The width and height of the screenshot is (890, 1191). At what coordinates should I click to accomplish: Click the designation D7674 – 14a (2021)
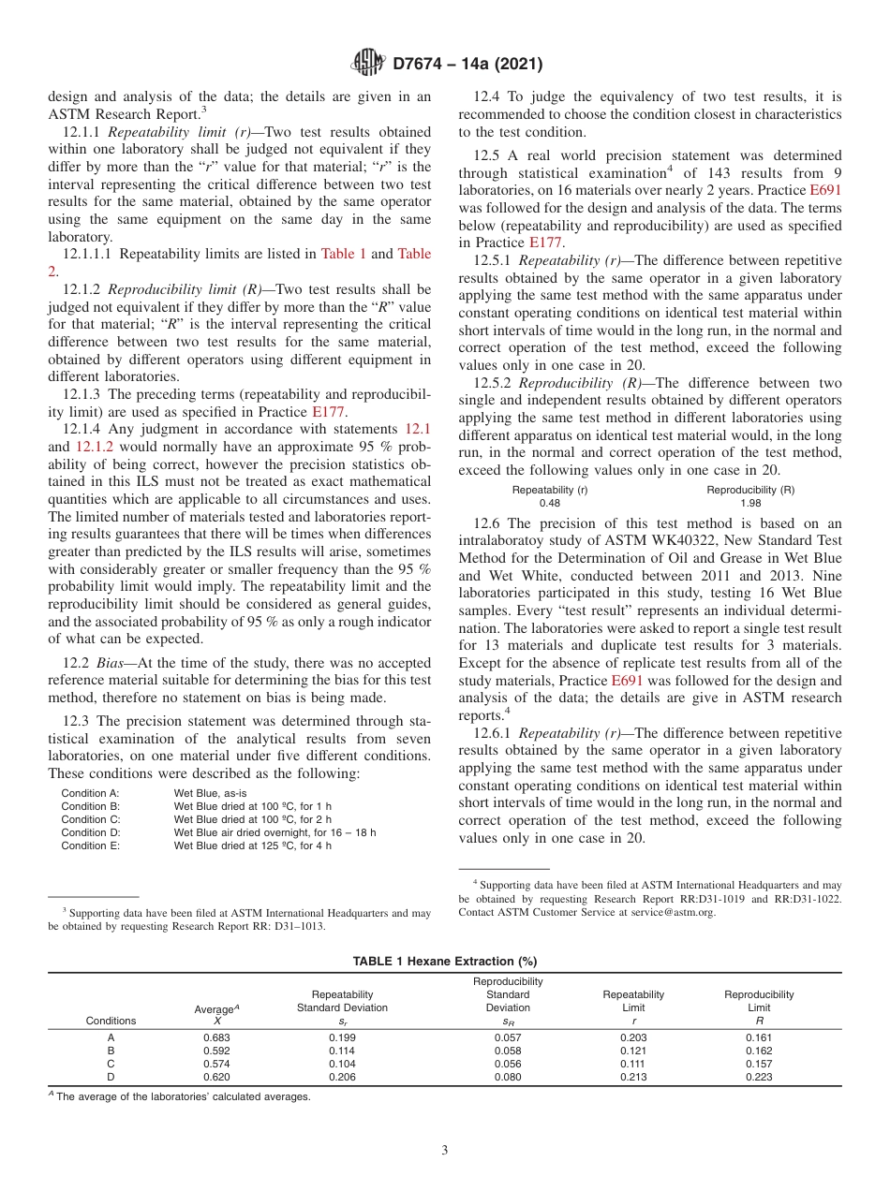click(467, 65)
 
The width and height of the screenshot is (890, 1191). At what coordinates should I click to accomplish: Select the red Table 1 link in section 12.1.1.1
click(344, 254)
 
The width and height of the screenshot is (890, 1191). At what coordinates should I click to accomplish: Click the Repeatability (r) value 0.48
click(549, 503)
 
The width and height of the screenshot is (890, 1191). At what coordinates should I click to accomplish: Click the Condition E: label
click(90, 845)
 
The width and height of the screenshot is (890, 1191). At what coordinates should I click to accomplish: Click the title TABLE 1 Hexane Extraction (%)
click(444, 961)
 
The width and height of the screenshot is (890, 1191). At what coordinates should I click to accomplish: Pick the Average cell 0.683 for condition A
click(216, 1037)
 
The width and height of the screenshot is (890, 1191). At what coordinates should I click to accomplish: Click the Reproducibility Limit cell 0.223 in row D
click(758, 1077)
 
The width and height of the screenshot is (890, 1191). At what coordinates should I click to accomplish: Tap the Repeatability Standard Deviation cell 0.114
click(342, 1051)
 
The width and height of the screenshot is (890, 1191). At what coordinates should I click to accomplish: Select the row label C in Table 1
click(111, 1064)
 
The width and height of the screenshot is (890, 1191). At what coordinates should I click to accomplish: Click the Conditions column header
click(111, 1021)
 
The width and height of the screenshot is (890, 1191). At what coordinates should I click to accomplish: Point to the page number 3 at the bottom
click(445, 1150)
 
